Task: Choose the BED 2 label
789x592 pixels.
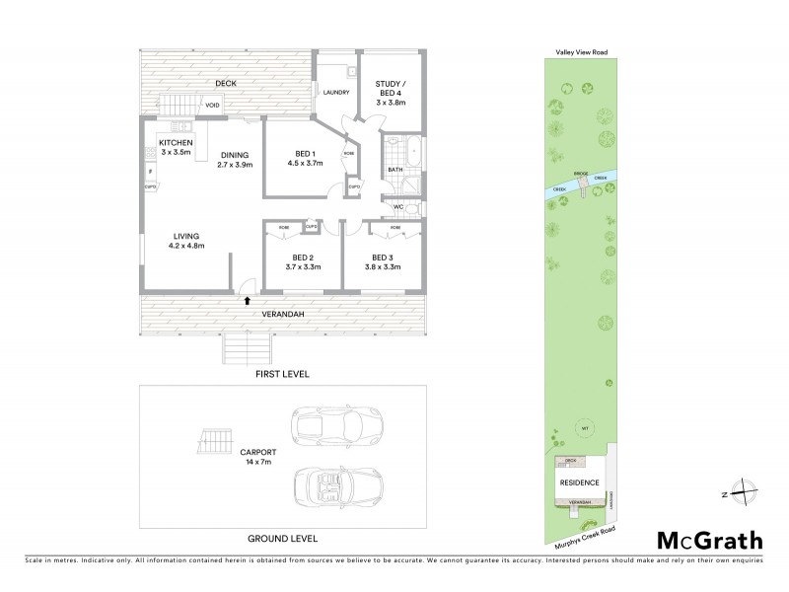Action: [297, 262]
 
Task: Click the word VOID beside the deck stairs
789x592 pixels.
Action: [212, 106]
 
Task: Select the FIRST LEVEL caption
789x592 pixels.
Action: [282, 375]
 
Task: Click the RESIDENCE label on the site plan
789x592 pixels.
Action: [579, 482]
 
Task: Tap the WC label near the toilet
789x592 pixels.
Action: [398, 207]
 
